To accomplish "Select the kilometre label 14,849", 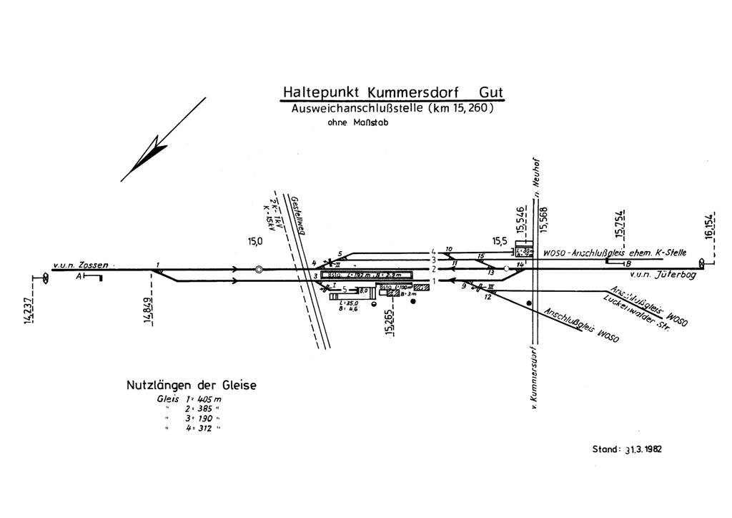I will pos(147,308).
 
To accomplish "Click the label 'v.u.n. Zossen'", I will pos(83,264).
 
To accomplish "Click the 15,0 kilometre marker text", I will pos(255,242).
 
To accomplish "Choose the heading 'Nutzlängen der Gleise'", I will pos(191,386).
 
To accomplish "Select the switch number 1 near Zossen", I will pos(157,265).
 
